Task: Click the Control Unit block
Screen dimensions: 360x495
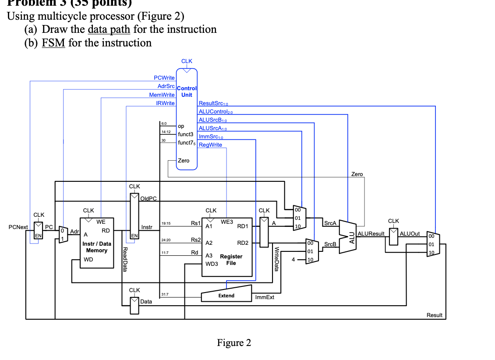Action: (x=187, y=118)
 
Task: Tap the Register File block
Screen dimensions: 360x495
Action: (x=227, y=247)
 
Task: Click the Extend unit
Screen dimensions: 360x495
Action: (x=226, y=295)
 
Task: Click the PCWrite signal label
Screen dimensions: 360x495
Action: (x=164, y=78)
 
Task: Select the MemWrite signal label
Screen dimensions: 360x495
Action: (x=162, y=95)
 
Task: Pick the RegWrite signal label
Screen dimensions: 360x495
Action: (x=210, y=145)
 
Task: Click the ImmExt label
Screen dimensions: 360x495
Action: (x=265, y=297)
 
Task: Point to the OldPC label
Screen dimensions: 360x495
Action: (x=148, y=198)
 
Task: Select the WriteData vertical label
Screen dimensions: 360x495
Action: (x=276, y=259)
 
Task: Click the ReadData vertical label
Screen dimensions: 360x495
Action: (x=125, y=259)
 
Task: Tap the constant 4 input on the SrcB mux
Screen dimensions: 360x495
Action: (x=293, y=260)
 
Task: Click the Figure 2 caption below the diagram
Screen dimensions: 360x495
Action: (x=234, y=343)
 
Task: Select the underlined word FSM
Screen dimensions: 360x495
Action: (x=53, y=43)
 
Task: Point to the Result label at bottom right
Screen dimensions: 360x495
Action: (x=434, y=315)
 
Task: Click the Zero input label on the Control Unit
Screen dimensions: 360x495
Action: (x=184, y=161)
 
